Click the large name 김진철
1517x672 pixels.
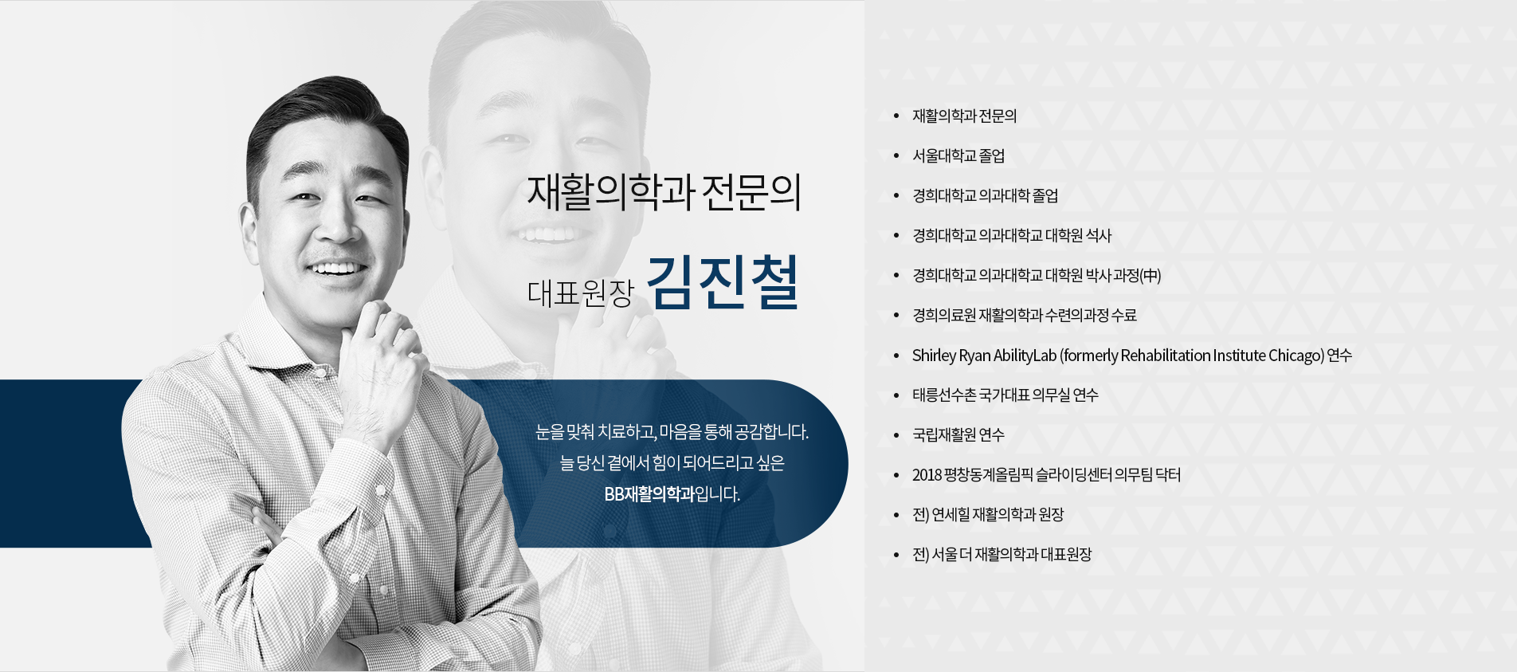pyautogui.click(x=722, y=283)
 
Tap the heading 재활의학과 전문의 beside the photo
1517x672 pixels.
pyautogui.click(x=664, y=192)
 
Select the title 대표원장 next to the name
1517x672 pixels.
pyautogui.click(x=580, y=293)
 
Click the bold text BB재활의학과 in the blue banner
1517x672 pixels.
pyautogui.click(x=649, y=494)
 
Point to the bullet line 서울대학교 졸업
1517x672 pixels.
pyautogui.click(x=958, y=155)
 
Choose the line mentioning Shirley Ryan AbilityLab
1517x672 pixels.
pyautogui.click(x=1132, y=356)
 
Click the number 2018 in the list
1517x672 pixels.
pyautogui.click(x=926, y=475)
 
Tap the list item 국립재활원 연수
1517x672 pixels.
pyautogui.click(x=958, y=434)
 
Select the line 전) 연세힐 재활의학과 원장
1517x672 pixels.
pyautogui.click(x=988, y=514)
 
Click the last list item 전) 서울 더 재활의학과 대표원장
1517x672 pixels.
pyautogui.click(x=1002, y=554)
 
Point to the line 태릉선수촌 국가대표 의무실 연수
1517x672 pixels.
pyautogui.click(x=1005, y=395)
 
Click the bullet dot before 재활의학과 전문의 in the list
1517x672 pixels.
pyautogui.click(x=896, y=116)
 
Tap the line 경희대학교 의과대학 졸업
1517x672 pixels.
pyautogui.click(x=986, y=195)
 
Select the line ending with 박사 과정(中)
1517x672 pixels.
pyautogui.click(x=1037, y=275)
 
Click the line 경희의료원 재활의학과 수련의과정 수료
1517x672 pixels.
pyautogui.click(x=1025, y=315)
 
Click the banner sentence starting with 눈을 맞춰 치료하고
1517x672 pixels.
pyautogui.click(x=672, y=432)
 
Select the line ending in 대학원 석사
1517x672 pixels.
pyautogui.click(x=1012, y=235)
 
